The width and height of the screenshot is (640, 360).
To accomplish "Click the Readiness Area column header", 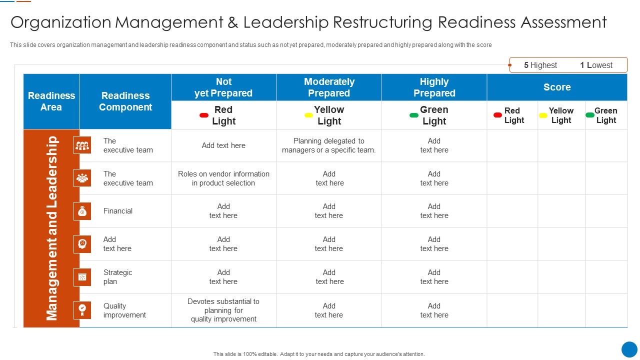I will coord(51,101).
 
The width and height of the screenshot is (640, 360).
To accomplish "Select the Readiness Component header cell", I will coord(125,101).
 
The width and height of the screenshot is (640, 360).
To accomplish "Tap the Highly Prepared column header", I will coord(434,87).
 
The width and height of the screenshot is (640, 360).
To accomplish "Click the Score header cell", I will coord(557,87).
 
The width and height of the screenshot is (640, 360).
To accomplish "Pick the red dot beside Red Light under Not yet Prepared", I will coord(204,115).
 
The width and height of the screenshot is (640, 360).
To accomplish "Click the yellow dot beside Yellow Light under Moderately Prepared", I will coord(309,115).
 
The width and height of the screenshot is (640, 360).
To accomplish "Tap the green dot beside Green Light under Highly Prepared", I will coord(414,115).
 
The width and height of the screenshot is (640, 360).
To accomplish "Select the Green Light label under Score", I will coord(606,115).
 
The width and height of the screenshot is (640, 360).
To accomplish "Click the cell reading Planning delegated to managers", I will coord(329,145).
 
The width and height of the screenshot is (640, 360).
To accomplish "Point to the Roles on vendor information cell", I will coord(223,178).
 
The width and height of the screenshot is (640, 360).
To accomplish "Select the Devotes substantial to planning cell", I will coord(223,310).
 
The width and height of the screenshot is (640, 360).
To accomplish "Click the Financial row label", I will coord(118,211).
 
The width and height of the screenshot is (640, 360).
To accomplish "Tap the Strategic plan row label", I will coord(117,277).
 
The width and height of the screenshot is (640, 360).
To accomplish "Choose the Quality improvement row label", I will coord(124,310).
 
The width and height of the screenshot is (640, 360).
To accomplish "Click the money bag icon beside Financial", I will coord(82,211).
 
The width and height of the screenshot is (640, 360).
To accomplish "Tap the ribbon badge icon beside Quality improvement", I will coord(82,310).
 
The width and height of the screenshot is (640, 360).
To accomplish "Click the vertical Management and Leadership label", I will coord(52,228).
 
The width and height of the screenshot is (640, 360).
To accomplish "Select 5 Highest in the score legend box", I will coord(540,65).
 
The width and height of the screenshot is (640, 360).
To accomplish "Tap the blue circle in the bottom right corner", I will coord(629,349).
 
